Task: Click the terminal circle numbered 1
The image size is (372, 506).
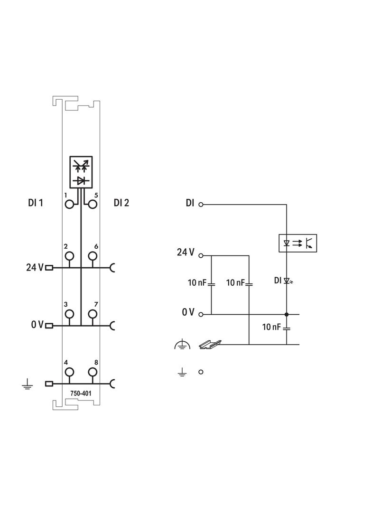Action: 70,204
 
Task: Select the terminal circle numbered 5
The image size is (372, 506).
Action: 93,204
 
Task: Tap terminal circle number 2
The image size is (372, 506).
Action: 70,256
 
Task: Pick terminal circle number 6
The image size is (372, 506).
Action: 93,256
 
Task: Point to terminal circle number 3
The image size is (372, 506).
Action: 70,314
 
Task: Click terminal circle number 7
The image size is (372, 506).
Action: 93,314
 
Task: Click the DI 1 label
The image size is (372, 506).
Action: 36,203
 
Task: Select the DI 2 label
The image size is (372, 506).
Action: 121,203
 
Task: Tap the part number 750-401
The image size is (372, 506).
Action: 81,394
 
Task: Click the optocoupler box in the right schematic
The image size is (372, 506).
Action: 297,243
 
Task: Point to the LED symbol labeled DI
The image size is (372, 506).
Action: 287,281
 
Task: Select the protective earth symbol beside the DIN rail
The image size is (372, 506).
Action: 182,346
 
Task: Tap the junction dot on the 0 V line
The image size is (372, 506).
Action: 287,314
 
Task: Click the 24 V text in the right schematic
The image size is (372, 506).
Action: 186,253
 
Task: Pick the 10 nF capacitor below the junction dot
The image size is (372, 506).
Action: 287,328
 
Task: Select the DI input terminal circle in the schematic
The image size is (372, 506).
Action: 201,205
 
